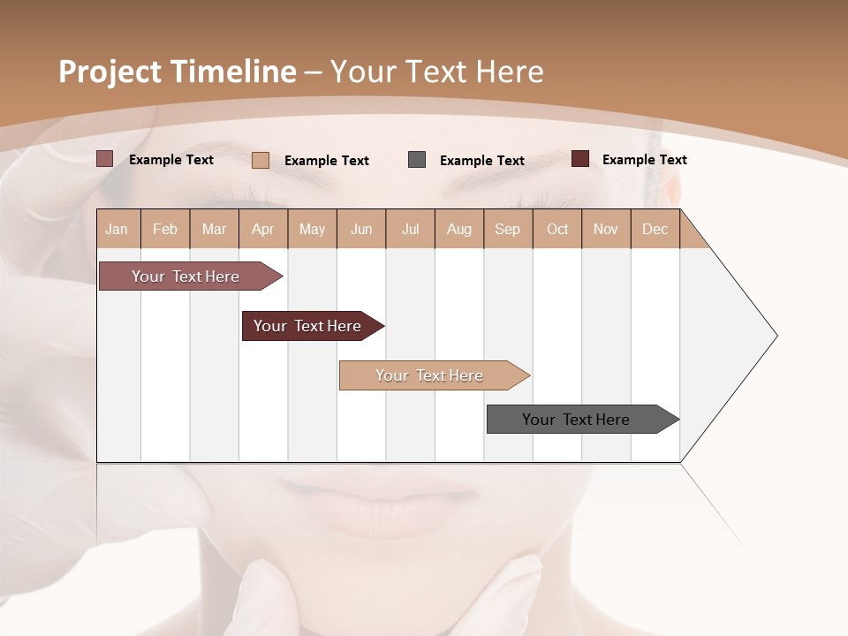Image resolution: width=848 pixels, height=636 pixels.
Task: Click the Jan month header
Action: (x=117, y=229)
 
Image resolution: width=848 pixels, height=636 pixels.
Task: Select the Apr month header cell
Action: (x=263, y=229)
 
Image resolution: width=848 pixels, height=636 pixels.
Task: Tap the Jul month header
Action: (x=411, y=229)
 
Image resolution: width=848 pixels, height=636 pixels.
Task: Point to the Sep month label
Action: (x=508, y=229)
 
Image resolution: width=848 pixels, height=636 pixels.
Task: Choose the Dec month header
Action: (x=655, y=229)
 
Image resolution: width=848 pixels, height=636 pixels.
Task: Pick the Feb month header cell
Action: (x=165, y=229)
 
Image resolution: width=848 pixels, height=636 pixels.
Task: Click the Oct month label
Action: (x=557, y=229)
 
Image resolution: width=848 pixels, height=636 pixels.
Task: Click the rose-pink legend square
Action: (x=105, y=159)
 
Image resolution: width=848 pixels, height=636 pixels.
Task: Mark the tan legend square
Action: (x=261, y=160)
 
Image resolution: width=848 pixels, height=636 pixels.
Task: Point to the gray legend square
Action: (x=417, y=160)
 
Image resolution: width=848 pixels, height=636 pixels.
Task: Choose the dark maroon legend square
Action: (x=580, y=159)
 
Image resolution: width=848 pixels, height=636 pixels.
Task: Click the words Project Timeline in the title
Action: (x=177, y=72)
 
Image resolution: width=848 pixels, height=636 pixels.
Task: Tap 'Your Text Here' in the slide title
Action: (x=436, y=72)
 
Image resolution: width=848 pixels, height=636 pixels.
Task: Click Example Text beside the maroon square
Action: (x=644, y=160)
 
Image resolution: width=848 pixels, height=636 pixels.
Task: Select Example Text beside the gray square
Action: (x=481, y=161)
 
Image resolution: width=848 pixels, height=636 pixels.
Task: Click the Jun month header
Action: (x=361, y=229)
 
